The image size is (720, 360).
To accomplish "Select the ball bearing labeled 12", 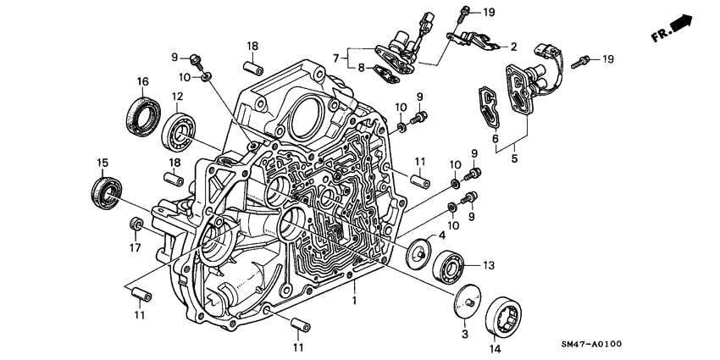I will (x=181, y=128).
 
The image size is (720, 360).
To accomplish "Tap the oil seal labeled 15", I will (x=106, y=191).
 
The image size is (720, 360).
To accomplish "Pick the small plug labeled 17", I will (x=133, y=224).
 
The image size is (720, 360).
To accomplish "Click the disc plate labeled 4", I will (x=418, y=253).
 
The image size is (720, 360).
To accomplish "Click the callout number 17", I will (x=133, y=248).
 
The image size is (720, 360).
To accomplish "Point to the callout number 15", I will (x=102, y=162).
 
